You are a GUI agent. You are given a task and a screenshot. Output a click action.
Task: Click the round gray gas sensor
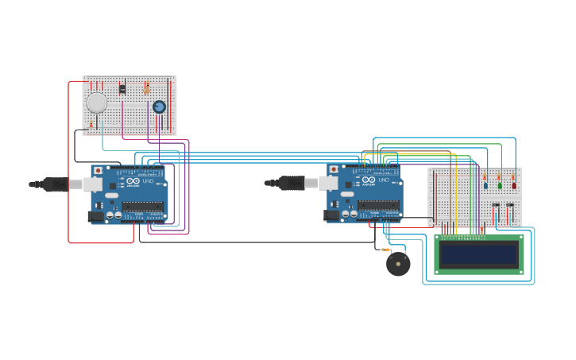pos(96,103)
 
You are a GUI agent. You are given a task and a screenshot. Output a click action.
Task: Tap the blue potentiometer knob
pos(159,106)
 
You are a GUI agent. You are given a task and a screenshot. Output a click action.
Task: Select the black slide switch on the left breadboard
pos(122,89)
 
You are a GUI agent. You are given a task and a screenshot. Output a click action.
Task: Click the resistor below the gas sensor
pos(91,123)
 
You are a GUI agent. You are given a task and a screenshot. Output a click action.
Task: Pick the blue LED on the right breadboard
pos(485,186)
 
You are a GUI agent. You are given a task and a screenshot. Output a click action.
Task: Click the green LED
pos(500,186)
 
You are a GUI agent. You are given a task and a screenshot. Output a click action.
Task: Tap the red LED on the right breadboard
pos(514,186)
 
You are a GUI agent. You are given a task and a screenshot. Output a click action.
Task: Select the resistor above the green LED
pos(499,176)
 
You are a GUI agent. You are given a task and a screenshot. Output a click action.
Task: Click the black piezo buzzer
pos(398,264)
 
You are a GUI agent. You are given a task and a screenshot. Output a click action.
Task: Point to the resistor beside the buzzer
pos(386,250)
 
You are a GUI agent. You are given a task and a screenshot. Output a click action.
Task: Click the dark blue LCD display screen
pos(478,254)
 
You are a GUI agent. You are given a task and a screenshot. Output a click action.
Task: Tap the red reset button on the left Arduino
pos(98,170)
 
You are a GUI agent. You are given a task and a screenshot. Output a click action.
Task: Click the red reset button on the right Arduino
pos(334,169)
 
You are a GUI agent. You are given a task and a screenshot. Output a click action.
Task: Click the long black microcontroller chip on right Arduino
pos(378,205)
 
